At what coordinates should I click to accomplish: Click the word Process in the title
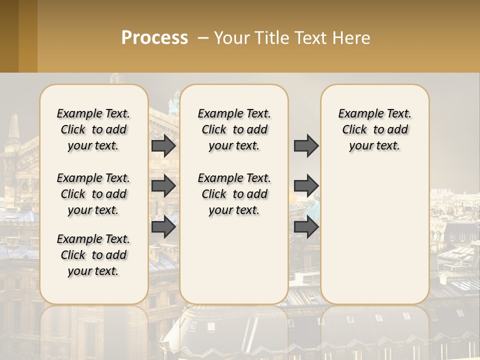(154, 38)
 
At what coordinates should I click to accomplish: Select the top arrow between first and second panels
(163, 146)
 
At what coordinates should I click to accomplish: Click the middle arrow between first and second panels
(163, 186)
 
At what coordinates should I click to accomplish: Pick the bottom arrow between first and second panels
(163, 227)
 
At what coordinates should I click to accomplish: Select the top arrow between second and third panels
(306, 146)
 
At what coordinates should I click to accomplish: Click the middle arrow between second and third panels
(306, 186)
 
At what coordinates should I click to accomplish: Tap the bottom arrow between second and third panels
(306, 227)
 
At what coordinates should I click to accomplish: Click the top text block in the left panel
(93, 129)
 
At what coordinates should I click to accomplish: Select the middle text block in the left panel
(93, 194)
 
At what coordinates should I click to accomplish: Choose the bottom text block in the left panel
(93, 255)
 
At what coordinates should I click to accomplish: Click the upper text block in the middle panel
(234, 129)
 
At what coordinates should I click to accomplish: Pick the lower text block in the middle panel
(234, 194)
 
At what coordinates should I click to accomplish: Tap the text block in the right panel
(374, 129)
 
